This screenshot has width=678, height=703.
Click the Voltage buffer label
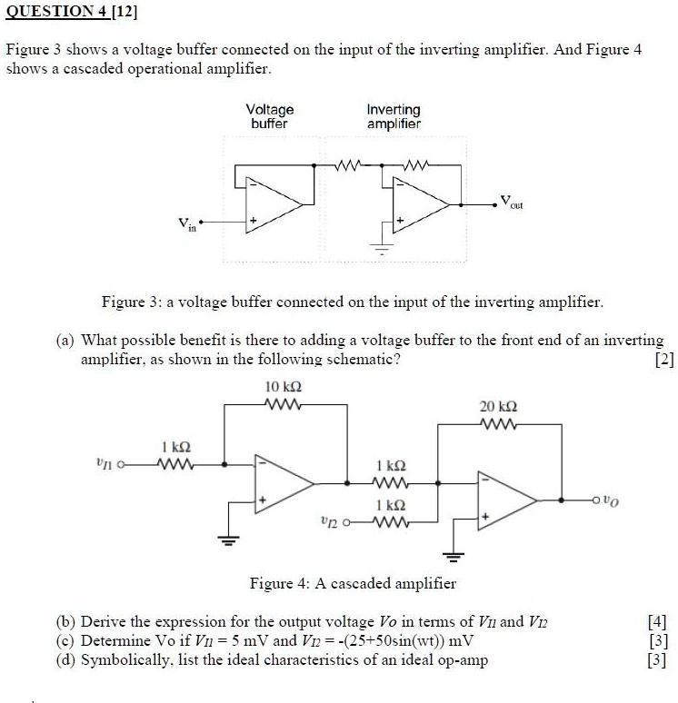[x=270, y=116]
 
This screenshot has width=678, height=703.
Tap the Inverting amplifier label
[x=394, y=116]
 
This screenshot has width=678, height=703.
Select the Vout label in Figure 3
[x=511, y=201]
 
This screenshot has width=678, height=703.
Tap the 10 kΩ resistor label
[x=284, y=387]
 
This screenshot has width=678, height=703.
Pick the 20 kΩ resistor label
[x=497, y=407]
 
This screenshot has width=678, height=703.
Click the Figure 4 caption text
[x=353, y=583]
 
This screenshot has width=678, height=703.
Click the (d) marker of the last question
[x=66, y=659]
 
